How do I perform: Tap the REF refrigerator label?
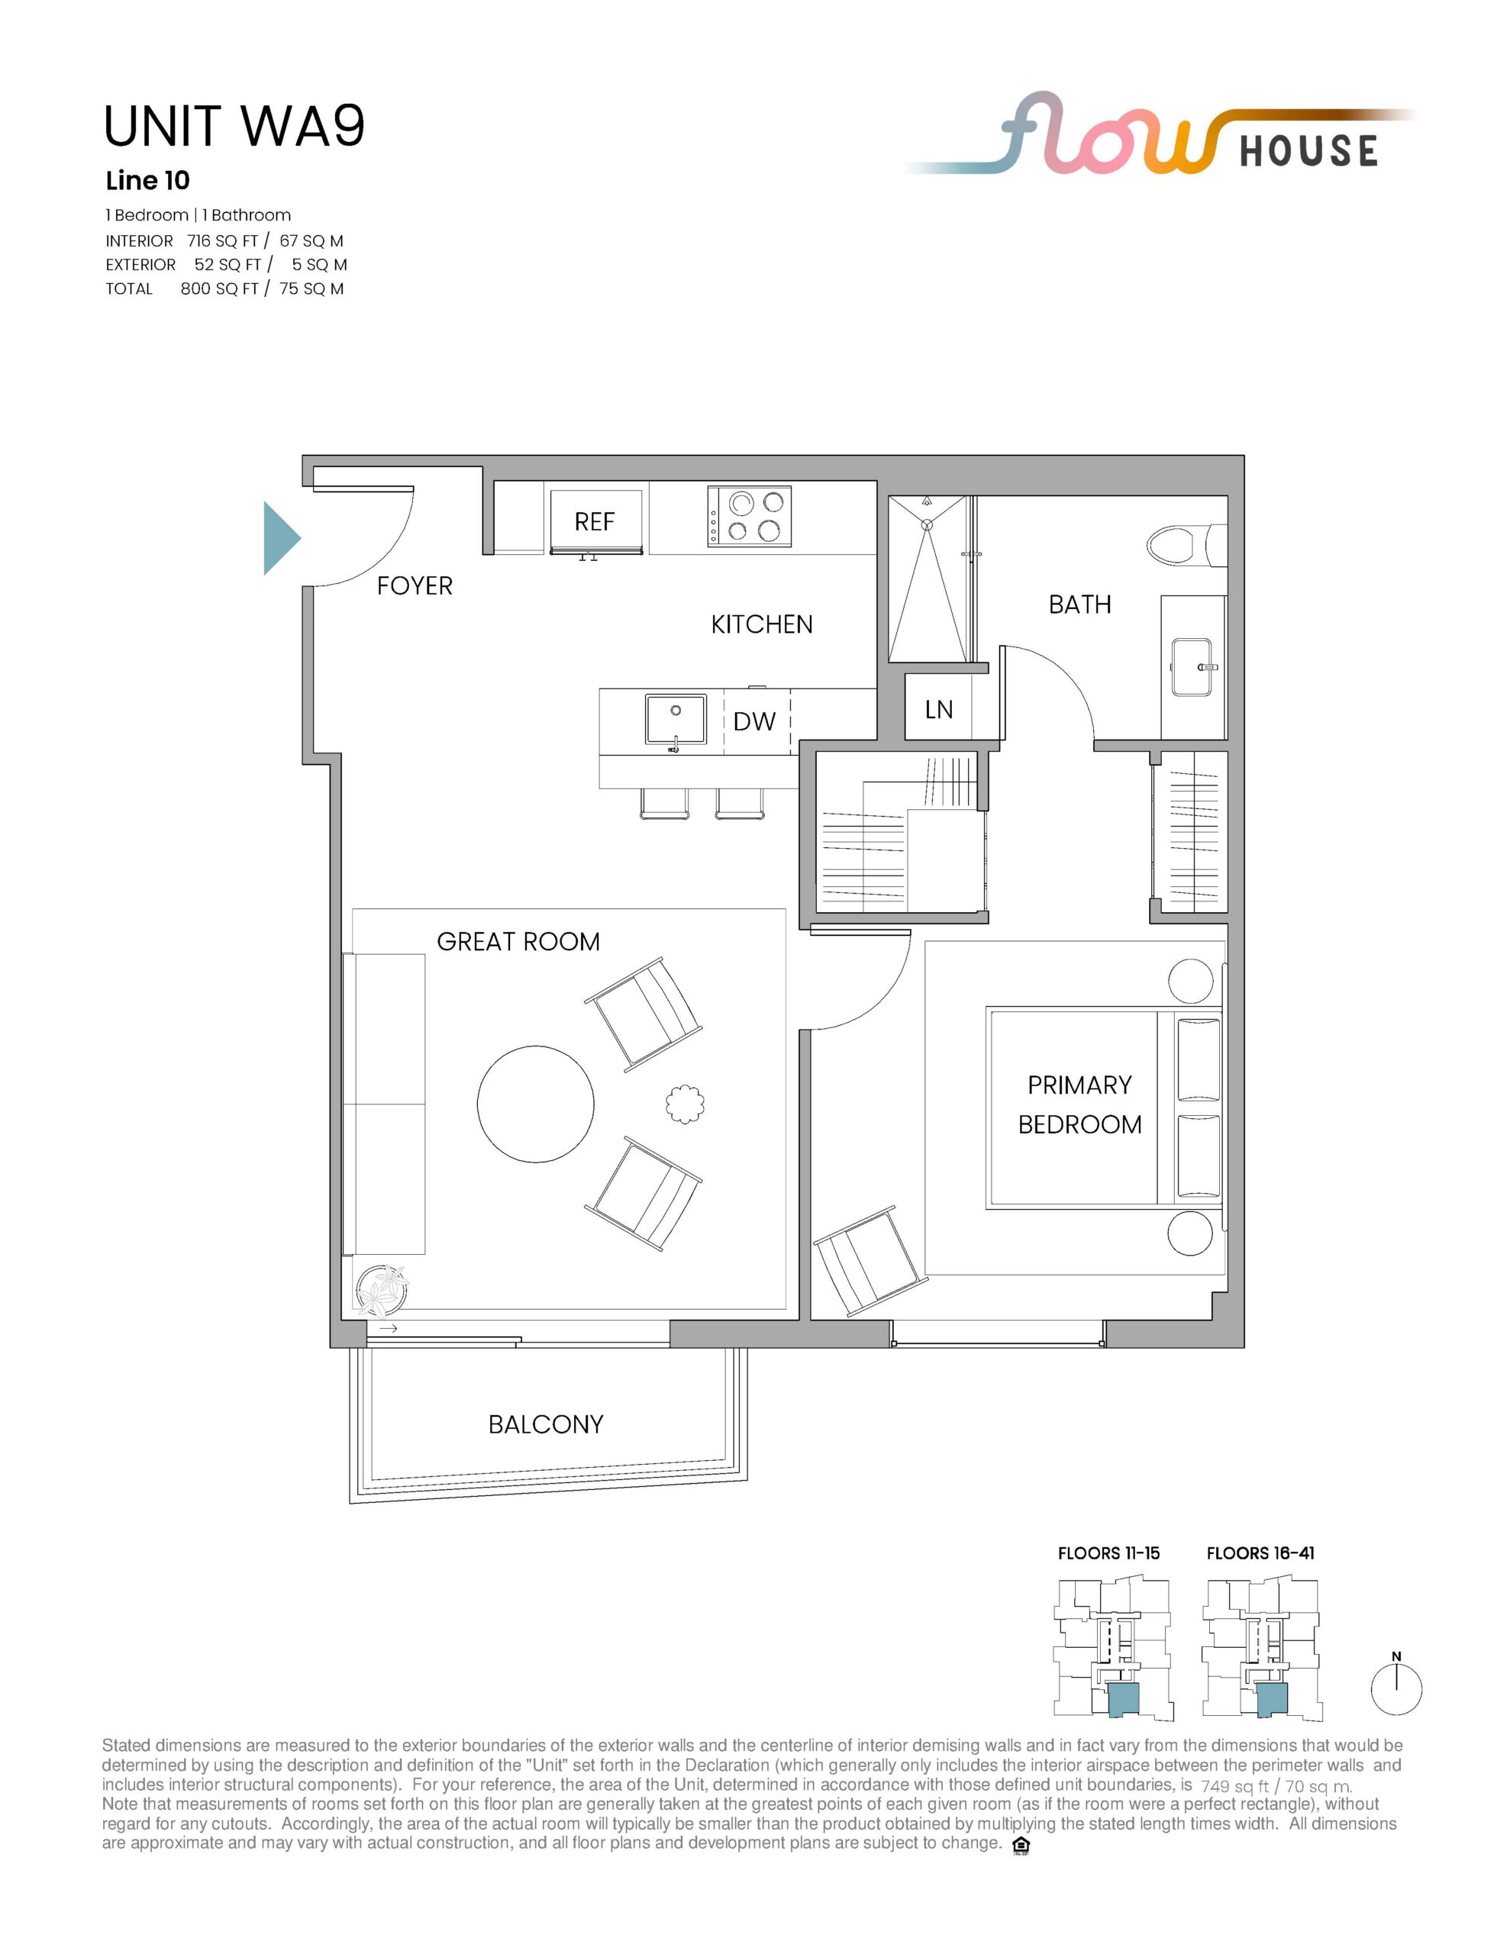point(595,521)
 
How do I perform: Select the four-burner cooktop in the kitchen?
point(749,516)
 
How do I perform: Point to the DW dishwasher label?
point(753,722)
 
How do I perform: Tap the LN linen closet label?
point(939,710)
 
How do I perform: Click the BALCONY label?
point(546,1424)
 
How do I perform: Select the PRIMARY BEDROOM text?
point(1079,1105)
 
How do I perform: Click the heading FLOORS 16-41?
point(1260,1553)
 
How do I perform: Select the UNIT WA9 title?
point(234,126)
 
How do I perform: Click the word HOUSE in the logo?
point(1308,150)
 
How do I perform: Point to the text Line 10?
point(147,181)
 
